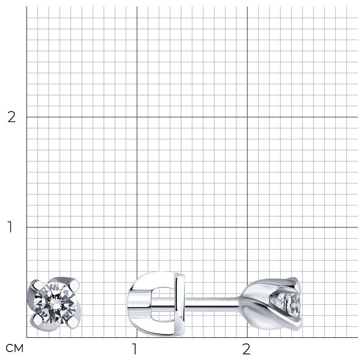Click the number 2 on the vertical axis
click(x=11, y=117)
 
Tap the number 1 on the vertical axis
click(x=10, y=227)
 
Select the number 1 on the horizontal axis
click(x=134, y=349)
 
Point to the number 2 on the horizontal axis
click(x=246, y=349)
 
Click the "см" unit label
click(x=14, y=348)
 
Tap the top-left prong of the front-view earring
click(x=36, y=285)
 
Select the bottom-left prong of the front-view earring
click(x=37, y=320)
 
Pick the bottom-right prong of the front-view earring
click(x=73, y=322)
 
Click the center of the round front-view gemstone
click(x=55, y=303)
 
